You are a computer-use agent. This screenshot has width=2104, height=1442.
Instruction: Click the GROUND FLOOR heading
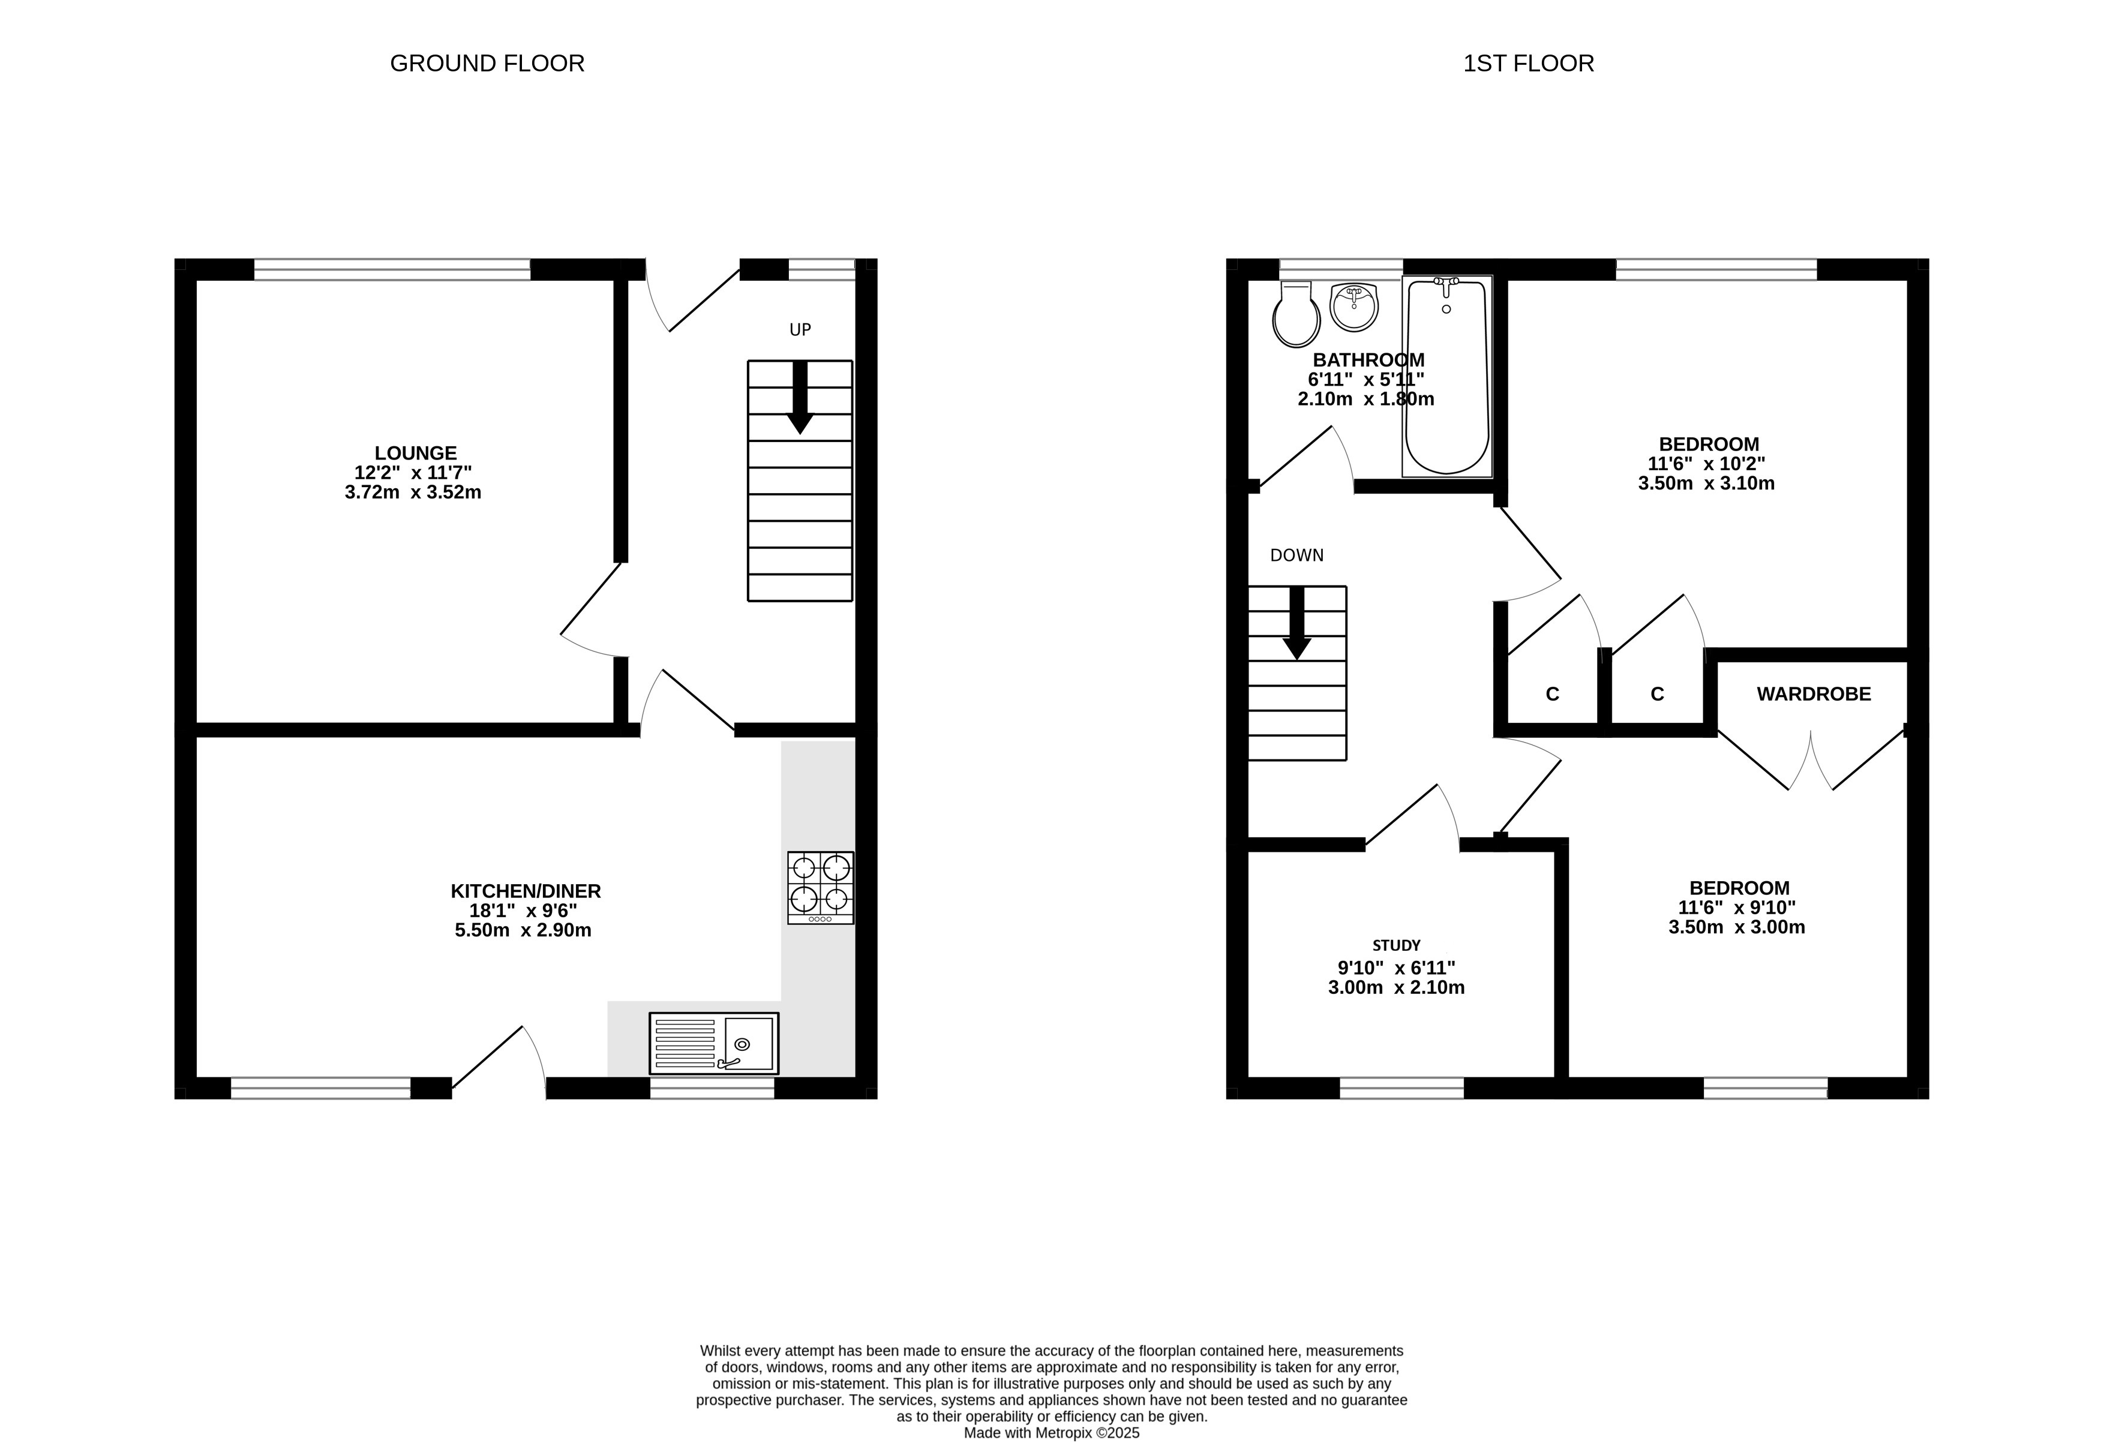(487, 64)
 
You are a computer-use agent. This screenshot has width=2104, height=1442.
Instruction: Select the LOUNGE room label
(416, 453)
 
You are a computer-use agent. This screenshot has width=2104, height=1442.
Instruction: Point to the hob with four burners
(820, 887)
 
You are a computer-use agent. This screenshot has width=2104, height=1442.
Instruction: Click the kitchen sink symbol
(713, 1043)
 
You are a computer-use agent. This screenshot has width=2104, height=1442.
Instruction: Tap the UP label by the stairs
(800, 329)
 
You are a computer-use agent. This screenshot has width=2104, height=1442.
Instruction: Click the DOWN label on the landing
(1296, 555)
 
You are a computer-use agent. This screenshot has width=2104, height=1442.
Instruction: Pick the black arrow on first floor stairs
(1297, 623)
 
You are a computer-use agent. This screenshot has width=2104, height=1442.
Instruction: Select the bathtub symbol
(1446, 375)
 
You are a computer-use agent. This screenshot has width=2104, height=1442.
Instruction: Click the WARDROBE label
(1814, 693)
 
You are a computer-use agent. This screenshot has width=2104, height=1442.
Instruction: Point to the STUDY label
(1396, 945)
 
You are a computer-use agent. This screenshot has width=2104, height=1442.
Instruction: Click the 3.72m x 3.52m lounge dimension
(413, 492)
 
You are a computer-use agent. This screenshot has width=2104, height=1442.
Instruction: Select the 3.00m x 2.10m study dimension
(1396, 987)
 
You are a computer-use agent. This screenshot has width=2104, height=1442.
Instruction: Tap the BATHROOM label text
(1368, 359)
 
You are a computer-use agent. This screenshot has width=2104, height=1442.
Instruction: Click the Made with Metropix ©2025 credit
(1051, 1433)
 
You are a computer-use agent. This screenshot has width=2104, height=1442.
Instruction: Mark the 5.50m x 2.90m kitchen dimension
(523, 930)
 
